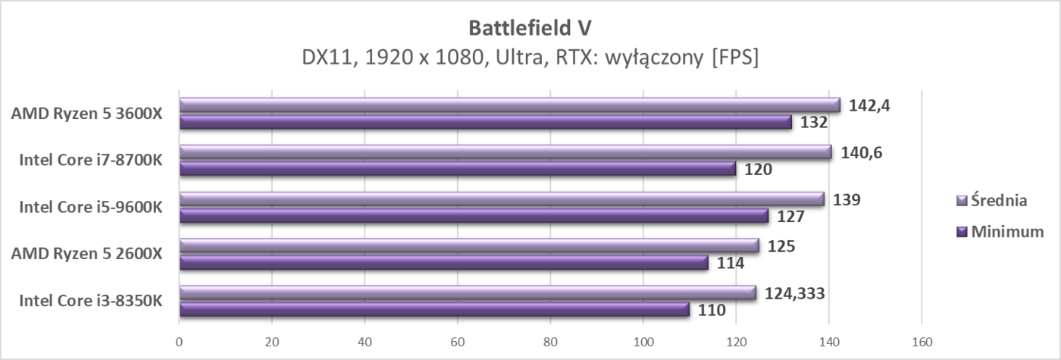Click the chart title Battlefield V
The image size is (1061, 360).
pyautogui.click(x=530, y=27)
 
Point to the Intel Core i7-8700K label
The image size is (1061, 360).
pyautogui.click(x=91, y=161)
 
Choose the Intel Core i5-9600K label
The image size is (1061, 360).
pyautogui.click(x=91, y=207)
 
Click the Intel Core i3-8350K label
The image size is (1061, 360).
pyautogui.click(x=91, y=301)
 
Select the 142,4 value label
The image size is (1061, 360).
pyautogui.click(x=869, y=105)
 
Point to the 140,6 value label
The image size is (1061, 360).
pyautogui.click(x=862, y=152)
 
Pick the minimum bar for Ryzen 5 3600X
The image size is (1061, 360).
pyautogui.click(x=485, y=122)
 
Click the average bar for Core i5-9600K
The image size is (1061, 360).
pyautogui.click(x=502, y=199)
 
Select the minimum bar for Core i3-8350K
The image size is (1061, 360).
pyautogui.click(x=434, y=309)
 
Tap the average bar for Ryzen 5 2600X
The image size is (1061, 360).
pyautogui.click(x=469, y=246)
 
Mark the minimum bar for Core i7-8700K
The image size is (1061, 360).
pyautogui.click(x=457, y=169)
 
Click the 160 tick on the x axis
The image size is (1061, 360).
pyautogui.click(x=922, y=342)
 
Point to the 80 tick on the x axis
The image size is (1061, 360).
pyautogui.click(x=550, y=342)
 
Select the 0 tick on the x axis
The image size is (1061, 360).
pyautogui.click(x=179, y=342)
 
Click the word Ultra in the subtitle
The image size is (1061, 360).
pyautogui.click(x=534, y=58)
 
